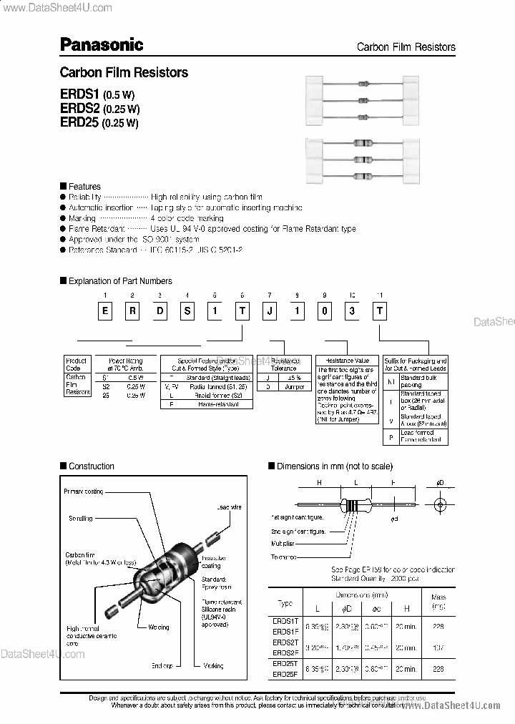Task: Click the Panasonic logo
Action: click(101, 45)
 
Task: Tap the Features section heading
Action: click(84, 187)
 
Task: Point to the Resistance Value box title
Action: click(347, 361)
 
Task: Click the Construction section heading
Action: click(91, 466)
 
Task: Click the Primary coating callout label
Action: click(84, 491)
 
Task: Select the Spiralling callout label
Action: click(81, 519)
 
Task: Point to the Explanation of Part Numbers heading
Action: click(120, 281)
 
